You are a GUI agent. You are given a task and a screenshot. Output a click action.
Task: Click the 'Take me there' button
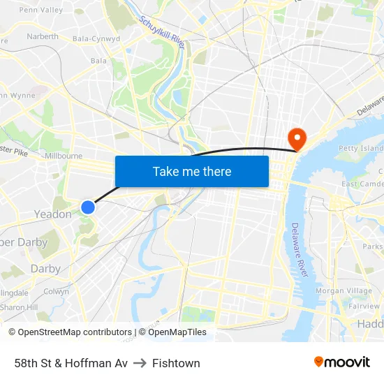(x=192, y=171)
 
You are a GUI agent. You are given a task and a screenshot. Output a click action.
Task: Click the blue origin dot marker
(x=88, y=207)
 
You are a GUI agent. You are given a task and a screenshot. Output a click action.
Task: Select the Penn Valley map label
(x=40, y=10)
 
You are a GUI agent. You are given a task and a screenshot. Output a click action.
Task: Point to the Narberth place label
(x=42, y=36)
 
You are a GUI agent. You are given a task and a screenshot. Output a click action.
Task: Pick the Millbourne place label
(x=63, y=156)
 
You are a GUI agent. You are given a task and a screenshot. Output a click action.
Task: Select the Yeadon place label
(x=53, y=214)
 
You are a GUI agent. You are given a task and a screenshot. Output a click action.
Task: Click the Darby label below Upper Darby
(x=45, y=269)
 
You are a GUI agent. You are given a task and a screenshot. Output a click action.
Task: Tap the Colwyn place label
(x=56, y=292)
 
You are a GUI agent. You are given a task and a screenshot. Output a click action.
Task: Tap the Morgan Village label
(x=344, y=291)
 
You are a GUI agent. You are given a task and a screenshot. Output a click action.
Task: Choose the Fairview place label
(x=364, y=306)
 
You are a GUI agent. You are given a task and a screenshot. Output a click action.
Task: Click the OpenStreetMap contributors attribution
(x=71, y=332)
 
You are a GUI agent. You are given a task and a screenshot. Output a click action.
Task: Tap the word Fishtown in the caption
(x=176, y=363)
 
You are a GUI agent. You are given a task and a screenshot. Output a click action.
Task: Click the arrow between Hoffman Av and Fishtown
(x=140, y=363)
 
